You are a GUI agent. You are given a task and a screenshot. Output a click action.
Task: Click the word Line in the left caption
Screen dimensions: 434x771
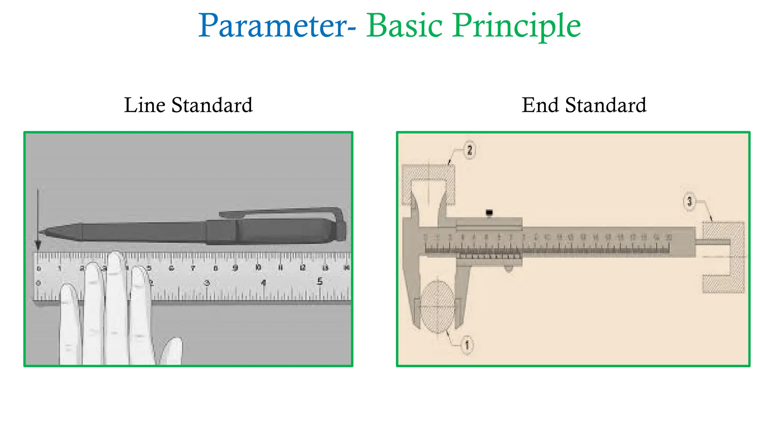pyautogui.click(x=145, y=105)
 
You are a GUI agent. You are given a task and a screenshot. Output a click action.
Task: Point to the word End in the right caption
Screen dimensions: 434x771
pyautogui.click(x=540, y=105)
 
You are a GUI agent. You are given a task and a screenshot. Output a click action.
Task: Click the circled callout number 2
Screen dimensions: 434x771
pyautogui.click(x=469, y=150)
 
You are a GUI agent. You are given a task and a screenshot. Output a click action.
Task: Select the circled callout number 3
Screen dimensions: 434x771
pyautogui.click(x=689, y=202)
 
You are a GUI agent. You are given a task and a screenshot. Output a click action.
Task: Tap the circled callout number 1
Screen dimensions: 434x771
pyautogui.click(x=467, y=345)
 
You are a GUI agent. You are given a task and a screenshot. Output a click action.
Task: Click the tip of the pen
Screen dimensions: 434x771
pyautogui.click(x=41, y=232)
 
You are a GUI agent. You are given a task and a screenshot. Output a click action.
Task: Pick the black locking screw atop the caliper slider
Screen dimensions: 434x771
pyautogui.click(x=489, y=213)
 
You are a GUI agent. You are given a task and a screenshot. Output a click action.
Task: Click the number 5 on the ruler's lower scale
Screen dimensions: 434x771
pyautogui.click(x=320, y=281)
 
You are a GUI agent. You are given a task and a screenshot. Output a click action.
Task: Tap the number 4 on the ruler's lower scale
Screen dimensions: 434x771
pyautogui.click(x=264, y=282)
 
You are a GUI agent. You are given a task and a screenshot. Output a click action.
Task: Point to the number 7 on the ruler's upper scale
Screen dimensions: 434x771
pyautogui.click(x=193, y=268)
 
